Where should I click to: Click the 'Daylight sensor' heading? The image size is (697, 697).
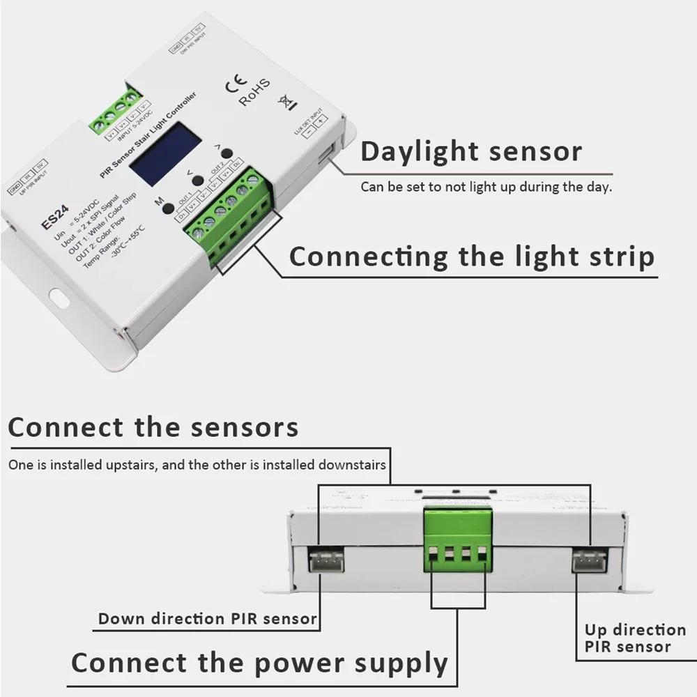(x=470, y=151)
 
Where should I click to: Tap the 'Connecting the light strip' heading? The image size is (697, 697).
(x=472, y=256)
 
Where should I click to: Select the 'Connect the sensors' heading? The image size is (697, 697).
(x=153, y=427)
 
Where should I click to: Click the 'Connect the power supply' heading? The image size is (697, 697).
(x=259, y=662)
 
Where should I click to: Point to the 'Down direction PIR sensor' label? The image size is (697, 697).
(x=208, y=618)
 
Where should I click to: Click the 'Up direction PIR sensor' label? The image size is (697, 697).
(x=635, y=638)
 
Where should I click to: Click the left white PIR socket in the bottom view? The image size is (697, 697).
(x=323, y=560)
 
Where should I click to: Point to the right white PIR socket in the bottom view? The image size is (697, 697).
(x=589, y=560)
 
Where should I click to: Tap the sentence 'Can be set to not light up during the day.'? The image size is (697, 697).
(x=486, y=187)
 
